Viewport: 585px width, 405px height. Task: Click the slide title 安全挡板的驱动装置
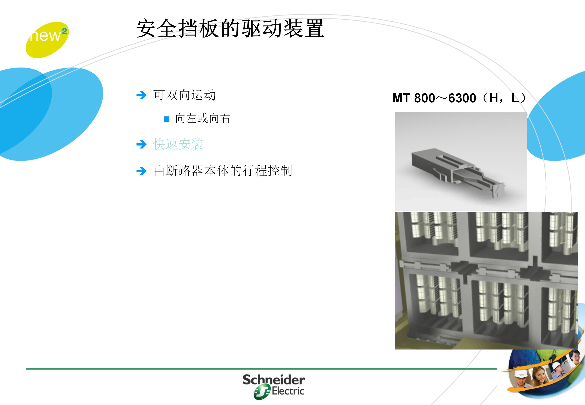coord(230,28)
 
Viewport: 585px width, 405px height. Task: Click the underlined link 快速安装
coord(178,144)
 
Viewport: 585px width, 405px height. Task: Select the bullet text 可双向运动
coord(184,95)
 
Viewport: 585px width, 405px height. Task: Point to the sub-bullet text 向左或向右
coord(202,118)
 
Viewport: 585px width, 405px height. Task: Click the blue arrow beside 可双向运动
coord(141,95)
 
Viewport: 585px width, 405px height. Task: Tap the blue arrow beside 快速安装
coord(141,145)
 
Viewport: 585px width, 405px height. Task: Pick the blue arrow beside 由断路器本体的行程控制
coord(141,171)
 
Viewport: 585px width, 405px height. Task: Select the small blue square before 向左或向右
coord(167,119)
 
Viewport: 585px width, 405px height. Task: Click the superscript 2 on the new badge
coord(64,31)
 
